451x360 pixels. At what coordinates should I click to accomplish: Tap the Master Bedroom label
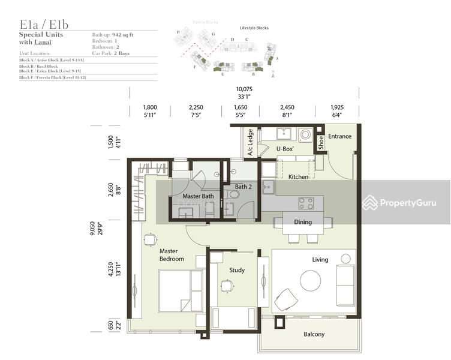click(172, 255)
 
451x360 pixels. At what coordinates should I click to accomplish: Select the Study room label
click(237, 270)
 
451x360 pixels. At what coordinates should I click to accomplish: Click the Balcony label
click(314, 334)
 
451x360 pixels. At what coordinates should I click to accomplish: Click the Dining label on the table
click(303, 222)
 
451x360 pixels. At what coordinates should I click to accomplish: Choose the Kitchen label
click(298, 177)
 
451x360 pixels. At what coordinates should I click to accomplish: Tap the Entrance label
click(339, 136)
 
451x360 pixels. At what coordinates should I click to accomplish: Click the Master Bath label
click(198, 196)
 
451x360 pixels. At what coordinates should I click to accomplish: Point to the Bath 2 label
click(243, 187)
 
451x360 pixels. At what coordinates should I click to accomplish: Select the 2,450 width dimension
click(287, 107)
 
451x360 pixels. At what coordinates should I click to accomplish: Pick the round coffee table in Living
click(311, 280)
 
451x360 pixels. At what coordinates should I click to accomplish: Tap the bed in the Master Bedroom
click(181, 289)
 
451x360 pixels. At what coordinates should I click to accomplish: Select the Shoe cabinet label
click(321, 142)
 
